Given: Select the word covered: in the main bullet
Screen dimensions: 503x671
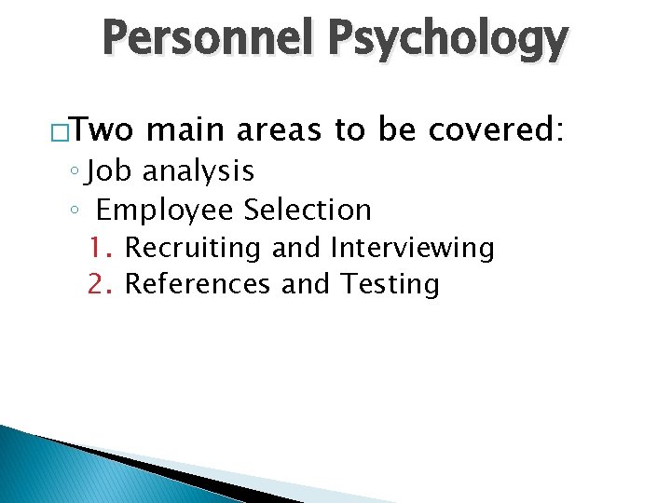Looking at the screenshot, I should point(496,132).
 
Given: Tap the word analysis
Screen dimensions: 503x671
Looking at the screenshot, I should point(198,171).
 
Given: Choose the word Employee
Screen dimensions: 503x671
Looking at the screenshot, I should point(164,210).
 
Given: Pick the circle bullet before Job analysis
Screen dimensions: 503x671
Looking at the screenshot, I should point(75,172).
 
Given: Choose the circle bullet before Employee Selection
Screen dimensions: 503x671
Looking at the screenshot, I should point(75,211).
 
